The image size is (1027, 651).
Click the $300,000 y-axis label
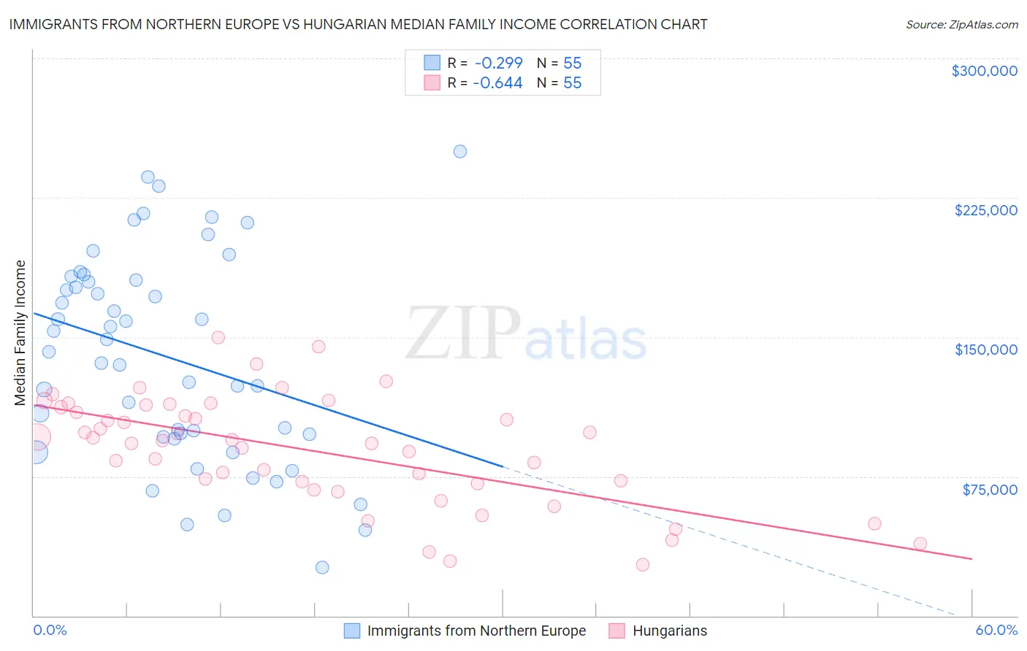[984, 71]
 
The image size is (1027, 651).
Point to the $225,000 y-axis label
[985, 210]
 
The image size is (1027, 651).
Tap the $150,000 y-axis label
[985, 350]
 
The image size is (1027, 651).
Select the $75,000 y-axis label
[989, 490]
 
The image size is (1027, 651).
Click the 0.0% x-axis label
[50, 630]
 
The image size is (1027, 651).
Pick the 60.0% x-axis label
[996, 630]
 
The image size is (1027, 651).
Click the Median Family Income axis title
[20, 333]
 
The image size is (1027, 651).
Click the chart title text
[358, 24]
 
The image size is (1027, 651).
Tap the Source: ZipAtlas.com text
[961, 25]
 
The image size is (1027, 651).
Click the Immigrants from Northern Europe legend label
[476, 631]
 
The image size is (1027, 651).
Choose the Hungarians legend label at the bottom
[670, 631]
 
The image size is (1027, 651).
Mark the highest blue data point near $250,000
[460, 152]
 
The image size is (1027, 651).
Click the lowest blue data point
[322, 567]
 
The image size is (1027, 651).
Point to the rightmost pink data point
[920, 544]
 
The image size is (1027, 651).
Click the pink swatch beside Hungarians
[617, 631]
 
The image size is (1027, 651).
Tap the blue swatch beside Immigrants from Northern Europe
[352, 631]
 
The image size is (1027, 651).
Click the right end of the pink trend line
[971, 559]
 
